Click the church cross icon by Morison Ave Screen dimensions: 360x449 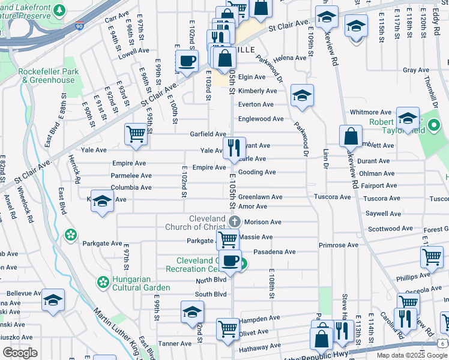237,221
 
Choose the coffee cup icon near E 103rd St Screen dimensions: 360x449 187,61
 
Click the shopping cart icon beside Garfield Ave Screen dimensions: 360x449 136,134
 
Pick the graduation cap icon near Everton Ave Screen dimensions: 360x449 302,95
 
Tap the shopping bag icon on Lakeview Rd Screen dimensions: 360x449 351,136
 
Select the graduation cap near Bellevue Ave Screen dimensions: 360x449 53,299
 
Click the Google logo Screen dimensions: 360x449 20,353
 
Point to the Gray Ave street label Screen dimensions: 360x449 416,70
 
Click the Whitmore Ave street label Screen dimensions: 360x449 370,112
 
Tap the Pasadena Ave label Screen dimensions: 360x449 274,252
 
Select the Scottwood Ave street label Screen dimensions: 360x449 390,229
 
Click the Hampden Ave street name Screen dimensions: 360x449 259,319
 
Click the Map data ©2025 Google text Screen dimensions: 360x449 411,355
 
